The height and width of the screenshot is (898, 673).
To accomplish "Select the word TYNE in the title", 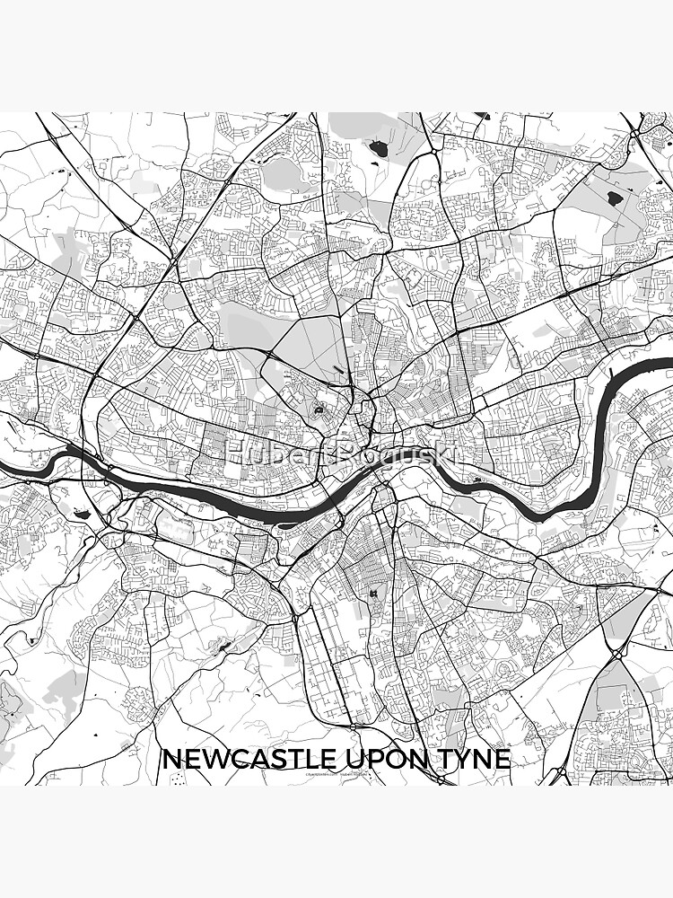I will (476, 759).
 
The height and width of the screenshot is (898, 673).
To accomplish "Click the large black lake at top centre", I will (379, 148).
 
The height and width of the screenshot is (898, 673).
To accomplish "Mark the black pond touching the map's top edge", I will (482, 116).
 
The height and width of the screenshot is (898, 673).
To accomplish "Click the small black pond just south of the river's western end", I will (83, 514).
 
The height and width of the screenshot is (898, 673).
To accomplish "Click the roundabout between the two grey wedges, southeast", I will (619, 654).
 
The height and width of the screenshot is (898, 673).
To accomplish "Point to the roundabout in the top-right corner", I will (634, 133).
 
